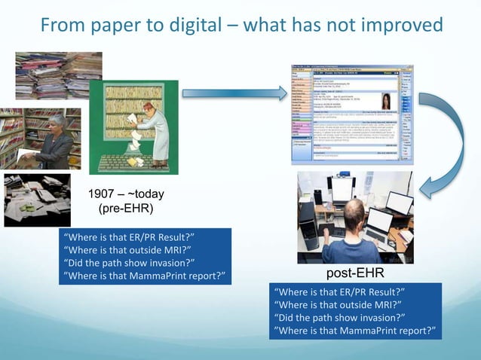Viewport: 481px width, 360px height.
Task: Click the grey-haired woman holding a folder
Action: (x=55, y=140)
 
